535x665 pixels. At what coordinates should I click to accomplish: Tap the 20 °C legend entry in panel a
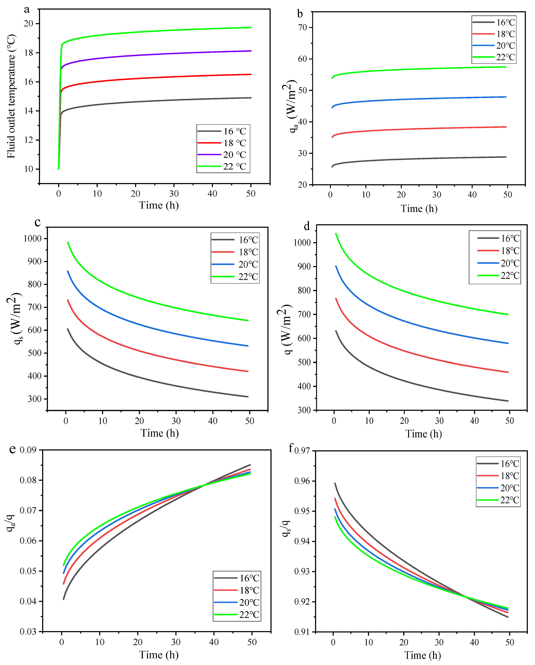point(222,154)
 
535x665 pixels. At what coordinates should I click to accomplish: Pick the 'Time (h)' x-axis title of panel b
point(419,209)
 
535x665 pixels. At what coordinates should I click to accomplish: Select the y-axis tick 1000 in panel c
point(32,238)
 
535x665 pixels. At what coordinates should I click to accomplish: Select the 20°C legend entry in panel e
point(237,602)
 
